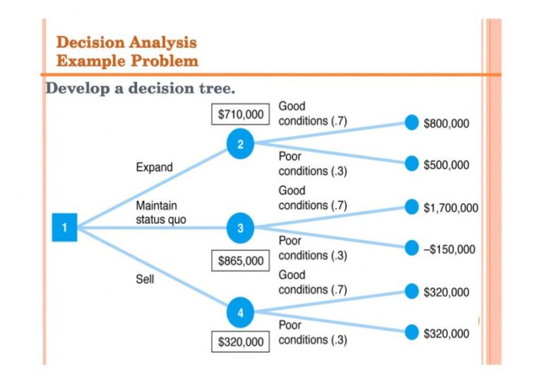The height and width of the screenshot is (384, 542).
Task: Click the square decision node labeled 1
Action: coord(64,228)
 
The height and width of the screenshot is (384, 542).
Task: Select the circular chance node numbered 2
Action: coord(240,145)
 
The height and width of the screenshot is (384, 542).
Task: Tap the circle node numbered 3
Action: coord(240,228)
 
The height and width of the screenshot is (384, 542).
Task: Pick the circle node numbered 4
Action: coord(240,312)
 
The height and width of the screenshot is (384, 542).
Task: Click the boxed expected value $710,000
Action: coord(241,114)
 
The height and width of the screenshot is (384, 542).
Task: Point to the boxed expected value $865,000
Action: coord(241,260)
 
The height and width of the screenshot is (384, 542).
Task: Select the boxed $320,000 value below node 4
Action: coord(241,342)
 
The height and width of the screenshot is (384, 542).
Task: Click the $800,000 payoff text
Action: coord(446,124)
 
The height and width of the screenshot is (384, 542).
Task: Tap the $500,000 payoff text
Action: coord(446,165)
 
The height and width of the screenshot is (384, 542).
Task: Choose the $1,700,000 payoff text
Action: coord(450,208)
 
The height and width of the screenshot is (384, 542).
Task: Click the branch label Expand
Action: coord(154,168)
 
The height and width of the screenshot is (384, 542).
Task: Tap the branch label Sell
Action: coord(145,280)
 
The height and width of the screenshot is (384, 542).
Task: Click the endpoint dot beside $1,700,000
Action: coord(412,206)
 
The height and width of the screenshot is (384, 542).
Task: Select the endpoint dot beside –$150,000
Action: coord(412,248)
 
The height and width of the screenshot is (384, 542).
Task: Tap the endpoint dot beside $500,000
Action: coord(412,164)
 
